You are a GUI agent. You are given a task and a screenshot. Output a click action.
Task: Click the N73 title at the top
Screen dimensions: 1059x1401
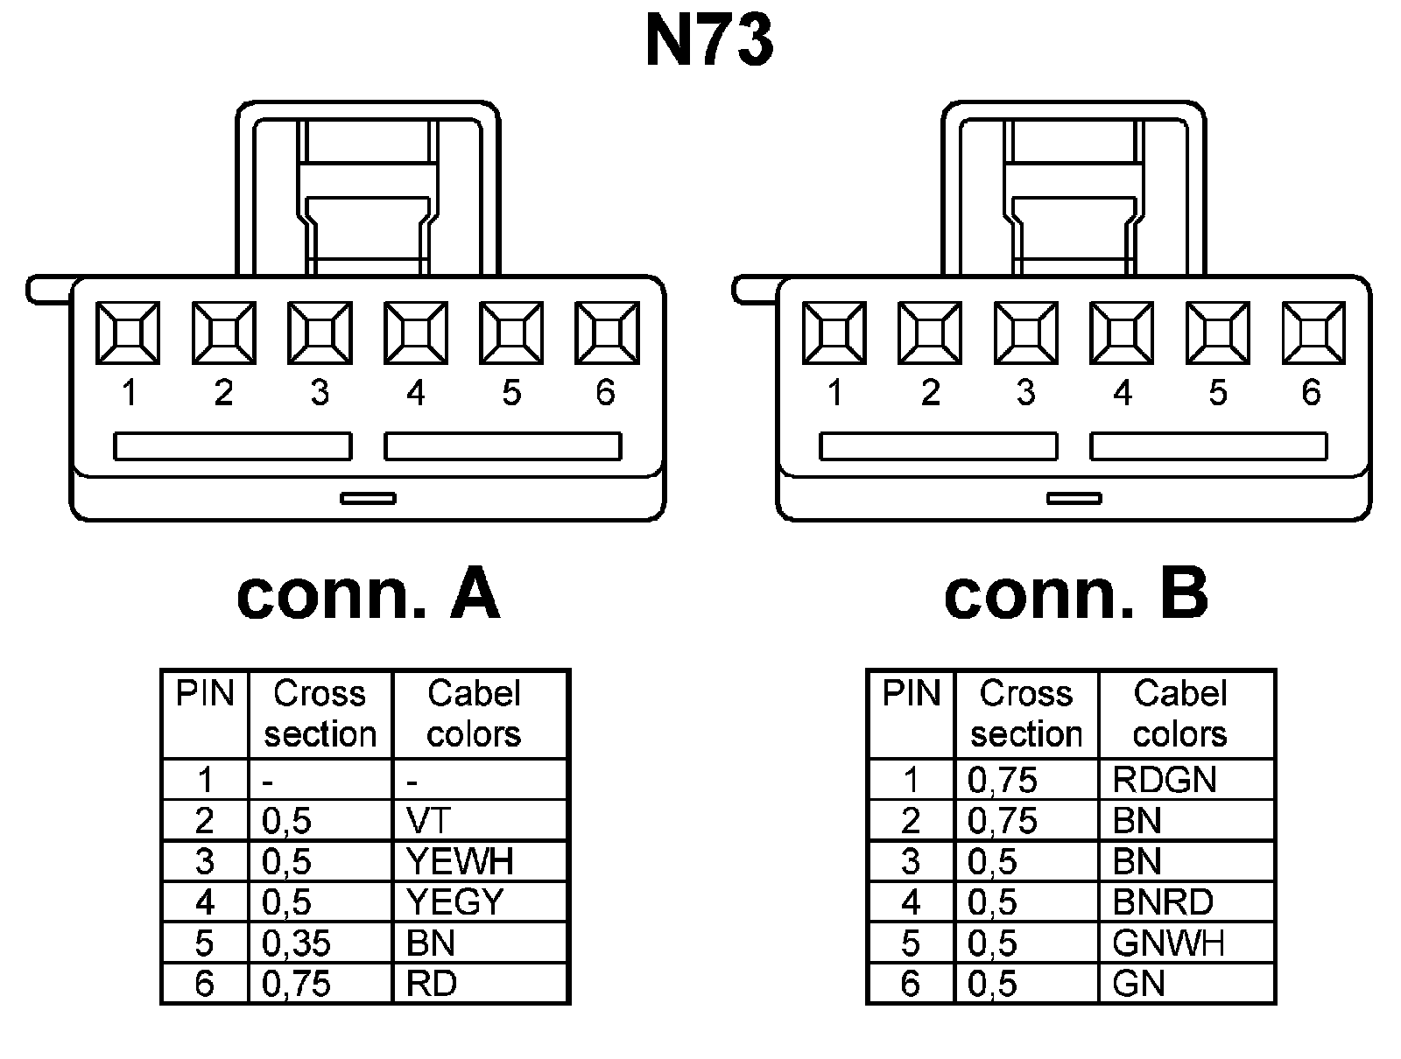pos(709,42)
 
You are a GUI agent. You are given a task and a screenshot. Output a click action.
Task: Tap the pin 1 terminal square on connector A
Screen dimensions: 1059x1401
pos(128,333)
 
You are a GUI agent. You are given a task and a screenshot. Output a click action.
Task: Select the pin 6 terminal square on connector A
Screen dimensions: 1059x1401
pos(607,333)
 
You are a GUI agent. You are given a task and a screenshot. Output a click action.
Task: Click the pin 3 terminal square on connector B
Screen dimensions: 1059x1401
pos(1026,333)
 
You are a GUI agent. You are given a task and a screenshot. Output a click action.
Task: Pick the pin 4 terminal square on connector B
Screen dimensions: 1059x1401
pos(1122,333)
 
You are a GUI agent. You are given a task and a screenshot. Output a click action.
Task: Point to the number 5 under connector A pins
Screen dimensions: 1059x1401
pos(511,393)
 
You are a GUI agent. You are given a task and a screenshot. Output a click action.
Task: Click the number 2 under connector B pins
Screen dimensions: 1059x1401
pos(930,393)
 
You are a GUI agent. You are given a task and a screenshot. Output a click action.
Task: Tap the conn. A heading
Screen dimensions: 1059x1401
pos(368,594)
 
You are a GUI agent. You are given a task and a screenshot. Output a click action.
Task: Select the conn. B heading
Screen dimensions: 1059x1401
pos(1075,594)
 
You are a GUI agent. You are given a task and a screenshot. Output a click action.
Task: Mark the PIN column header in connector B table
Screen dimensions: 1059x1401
pos(911,694)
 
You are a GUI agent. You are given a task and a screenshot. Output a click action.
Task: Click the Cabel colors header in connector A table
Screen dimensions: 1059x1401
pos(474,713)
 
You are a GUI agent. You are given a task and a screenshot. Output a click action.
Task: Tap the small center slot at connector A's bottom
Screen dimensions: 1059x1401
pos(368,498)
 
